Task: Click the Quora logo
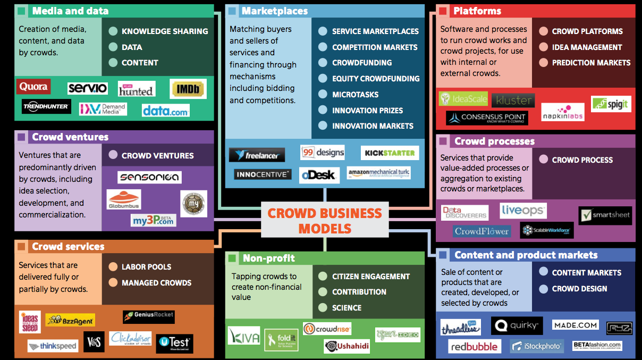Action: (x=33, y=87)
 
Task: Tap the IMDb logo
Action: (x=188, y=89)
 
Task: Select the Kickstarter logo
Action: (x=390, y=153)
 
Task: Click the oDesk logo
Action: (x=319, y=175)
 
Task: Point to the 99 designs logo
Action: (x=323, y=153)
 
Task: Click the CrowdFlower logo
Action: (x=481, y=231)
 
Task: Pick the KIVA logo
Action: (x=244, y=336)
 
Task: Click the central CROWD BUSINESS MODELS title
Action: (x=324, y=221)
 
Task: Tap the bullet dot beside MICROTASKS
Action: (x=323, y=94)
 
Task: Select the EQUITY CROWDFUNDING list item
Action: (x=376, y=79)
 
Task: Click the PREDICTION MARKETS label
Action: (x=591, y=63)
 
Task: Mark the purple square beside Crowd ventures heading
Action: (x=22, y=137)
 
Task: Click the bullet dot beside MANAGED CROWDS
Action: (x=113, y=283)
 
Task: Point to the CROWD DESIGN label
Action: (x=579, y=289)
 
